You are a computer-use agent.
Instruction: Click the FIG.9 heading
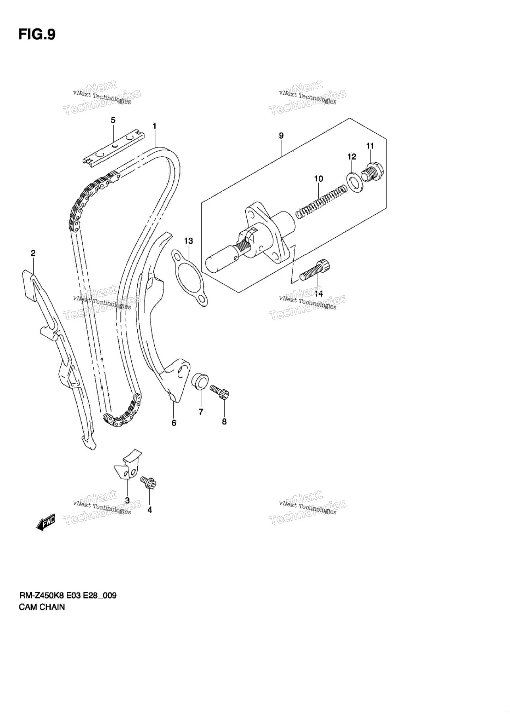coord(37,35)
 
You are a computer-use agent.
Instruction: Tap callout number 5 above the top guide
coord(113,120)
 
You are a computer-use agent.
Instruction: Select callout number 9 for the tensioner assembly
coord(281,136)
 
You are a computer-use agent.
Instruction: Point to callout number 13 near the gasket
coord(188,241)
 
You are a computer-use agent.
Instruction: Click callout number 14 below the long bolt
coord(319,294)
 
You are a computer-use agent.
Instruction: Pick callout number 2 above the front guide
coord(33,253)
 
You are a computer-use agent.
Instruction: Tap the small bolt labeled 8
coord(219,391)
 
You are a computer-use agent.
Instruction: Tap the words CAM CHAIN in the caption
coord(42,607)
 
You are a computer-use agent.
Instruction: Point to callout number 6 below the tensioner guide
coord(174,423)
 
